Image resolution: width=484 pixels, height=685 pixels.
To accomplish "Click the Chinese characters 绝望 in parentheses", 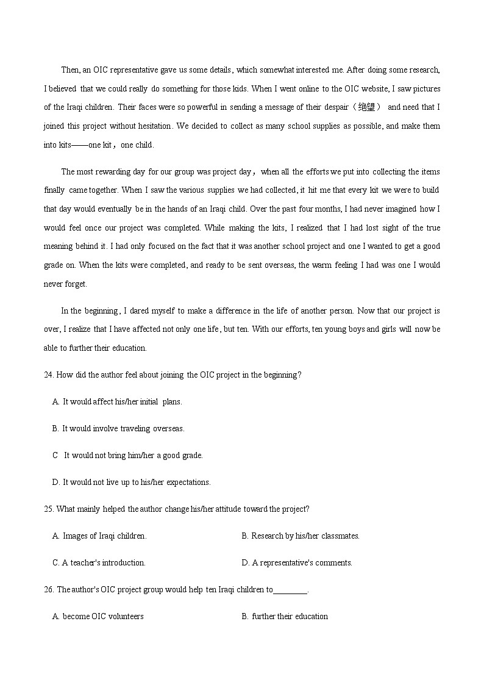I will tap(367, 107).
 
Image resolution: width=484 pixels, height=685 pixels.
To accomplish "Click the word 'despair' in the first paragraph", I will tap(336, 107).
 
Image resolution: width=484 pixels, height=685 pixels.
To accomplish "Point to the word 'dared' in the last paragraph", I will tap(144, 311).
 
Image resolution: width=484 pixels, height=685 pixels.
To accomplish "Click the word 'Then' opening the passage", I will tap(70, 70).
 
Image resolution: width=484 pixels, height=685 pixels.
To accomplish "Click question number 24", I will tap(49, 375).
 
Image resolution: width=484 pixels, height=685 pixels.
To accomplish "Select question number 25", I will tap(49, 509).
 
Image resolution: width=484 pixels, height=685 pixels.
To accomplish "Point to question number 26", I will tap(49, 590).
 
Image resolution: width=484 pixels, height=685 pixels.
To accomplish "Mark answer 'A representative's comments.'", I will tap(302, 563).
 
